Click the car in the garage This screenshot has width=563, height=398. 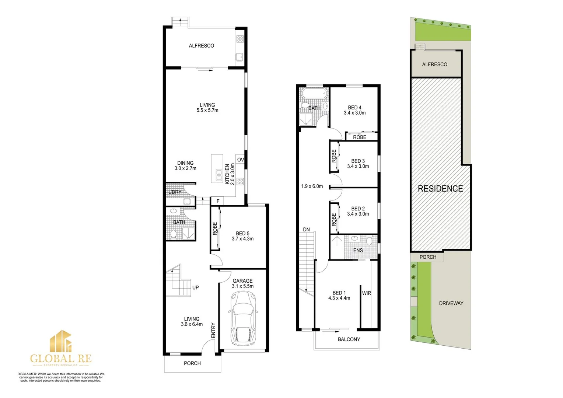click(242, 318)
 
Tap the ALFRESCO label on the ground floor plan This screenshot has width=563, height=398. click(201, 46)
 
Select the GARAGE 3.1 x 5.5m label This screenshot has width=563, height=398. click(242, 283)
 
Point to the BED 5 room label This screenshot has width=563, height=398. click(242, 233)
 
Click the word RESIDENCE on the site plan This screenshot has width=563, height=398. click(440, 189)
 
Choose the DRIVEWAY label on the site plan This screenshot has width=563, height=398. click(451, 303)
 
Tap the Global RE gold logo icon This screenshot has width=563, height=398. click(61, 341)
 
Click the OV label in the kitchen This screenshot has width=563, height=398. click(241, 160)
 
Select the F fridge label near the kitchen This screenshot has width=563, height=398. click(218, 201)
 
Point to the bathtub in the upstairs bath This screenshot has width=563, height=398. click(314, 94)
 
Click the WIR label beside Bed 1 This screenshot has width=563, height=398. click(367, 293)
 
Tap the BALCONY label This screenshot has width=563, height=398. click(349, 339)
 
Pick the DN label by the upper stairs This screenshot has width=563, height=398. click(306, 230)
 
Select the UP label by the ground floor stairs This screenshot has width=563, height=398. click(195, 287)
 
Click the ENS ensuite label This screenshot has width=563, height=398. click(358, 250)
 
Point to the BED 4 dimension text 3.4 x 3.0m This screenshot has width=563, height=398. click(354, 113)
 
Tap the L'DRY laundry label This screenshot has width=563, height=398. click(175, 192)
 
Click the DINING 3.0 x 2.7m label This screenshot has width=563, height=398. click(185, 165)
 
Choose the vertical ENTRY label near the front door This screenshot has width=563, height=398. click(213, 330)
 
